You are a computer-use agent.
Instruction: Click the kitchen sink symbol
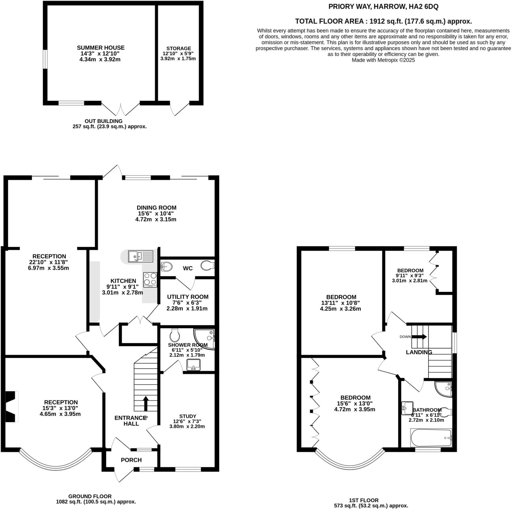click(141, 257)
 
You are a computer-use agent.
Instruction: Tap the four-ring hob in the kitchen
click(150, 279)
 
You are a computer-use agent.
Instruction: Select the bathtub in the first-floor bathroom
click(431, 438)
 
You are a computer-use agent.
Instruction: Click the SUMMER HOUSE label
click(100, 48)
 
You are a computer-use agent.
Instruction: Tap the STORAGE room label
click(178, 48)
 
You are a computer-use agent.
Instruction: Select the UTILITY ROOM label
click(188, 297)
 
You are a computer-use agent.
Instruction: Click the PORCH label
click(131, 460)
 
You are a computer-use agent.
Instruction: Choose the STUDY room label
click(188, 416)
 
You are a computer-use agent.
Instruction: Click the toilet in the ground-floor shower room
click(175, 335)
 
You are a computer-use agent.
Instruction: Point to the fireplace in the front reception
click(12, 406)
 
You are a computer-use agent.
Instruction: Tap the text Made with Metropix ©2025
click(383, 60)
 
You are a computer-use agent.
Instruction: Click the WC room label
click(188, 268)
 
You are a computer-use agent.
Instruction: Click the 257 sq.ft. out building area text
click(110, 127)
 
